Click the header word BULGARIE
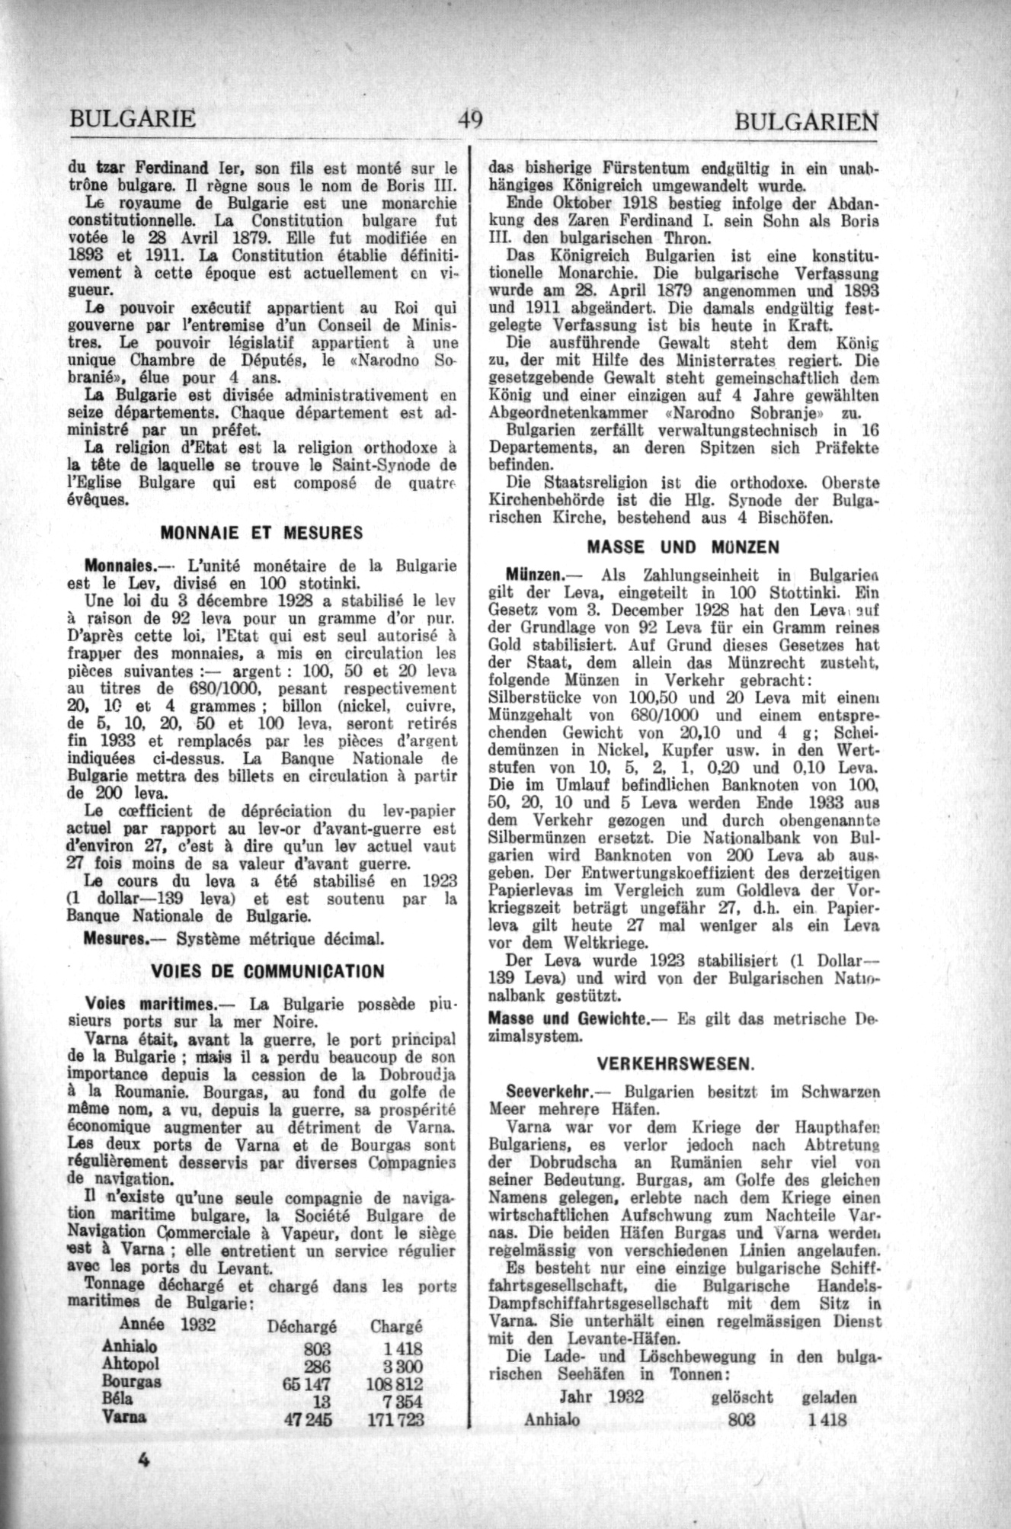pyautogui.click(x=132, y=120)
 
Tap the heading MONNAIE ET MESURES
pyautogui.click(x=262, y=534)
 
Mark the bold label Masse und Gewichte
pyautogui.click(x=568, y=1018)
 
